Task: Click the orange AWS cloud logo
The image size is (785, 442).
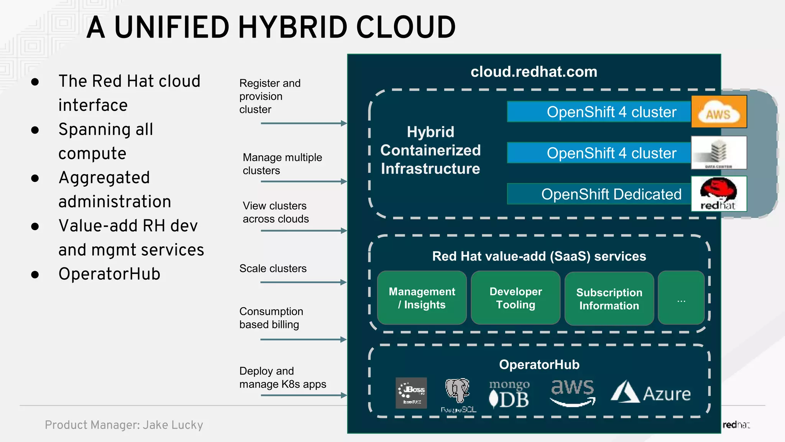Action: click(x=719, y=112)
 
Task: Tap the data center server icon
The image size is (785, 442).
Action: click(x=719, y=152)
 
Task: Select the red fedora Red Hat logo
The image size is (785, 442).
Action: click(x=719, y=193)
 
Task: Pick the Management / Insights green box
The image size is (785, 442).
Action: click(x=422, y=298)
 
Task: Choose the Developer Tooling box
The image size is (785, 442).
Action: click(x=516, y=298)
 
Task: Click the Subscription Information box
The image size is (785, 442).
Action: click(x=609, y=299)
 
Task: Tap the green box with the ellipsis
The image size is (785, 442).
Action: click(x=681, y=298)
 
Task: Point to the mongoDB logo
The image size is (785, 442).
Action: click(x=509, y=394)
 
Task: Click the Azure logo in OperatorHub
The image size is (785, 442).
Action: click(x=650, y=393)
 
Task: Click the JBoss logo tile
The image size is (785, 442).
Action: click(x=411, y=393)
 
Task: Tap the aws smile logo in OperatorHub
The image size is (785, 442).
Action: click(x=573, y=393)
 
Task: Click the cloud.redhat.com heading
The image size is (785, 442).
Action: click(x=534, y=72)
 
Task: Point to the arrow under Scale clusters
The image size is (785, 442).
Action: click(x=303, y=282)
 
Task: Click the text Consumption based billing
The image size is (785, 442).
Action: click(x=271, y=318)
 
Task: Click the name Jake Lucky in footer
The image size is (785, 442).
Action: click(x=173, y=425)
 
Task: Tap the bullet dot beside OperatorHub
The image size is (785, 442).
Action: click(x=35, y=275)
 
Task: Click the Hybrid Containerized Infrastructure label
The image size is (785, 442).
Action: click(x=430, y=150)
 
